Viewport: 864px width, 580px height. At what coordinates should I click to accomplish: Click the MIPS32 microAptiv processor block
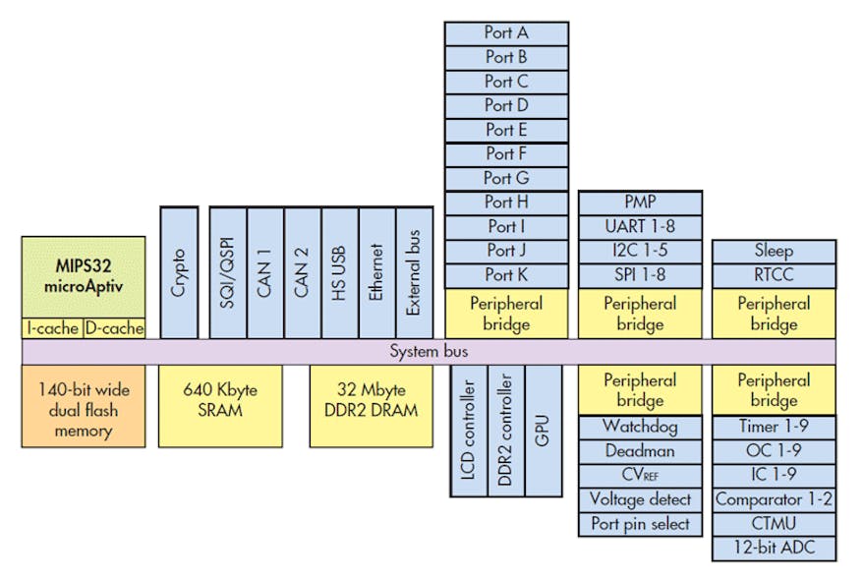(84, 275)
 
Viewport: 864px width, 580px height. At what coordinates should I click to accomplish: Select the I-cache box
(52, 328)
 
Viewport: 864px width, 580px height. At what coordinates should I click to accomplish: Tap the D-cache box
(114, 328)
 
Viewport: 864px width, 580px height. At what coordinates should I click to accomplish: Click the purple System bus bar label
(429, 352)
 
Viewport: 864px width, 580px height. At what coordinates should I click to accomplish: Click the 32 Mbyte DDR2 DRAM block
(372, 398)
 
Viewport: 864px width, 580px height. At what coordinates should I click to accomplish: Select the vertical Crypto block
(179, 272)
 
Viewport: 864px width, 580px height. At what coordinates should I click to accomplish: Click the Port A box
(506, 32)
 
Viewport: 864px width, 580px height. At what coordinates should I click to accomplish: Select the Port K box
(506, 275)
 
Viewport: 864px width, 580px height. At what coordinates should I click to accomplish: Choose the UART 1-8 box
(640, 226)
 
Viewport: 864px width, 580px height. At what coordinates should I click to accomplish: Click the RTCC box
(774, 275)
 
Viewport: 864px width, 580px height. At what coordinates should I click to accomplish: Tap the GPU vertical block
(543, 430)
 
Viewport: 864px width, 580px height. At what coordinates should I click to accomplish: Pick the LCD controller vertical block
(468, 430)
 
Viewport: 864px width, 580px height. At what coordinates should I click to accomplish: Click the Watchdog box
(640, 428)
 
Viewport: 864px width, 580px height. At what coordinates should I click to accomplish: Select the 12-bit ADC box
(774, 548)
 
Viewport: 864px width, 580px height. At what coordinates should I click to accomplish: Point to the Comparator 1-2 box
(774, 499)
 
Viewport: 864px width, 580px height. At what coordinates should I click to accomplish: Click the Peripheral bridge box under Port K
(506, 314)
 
